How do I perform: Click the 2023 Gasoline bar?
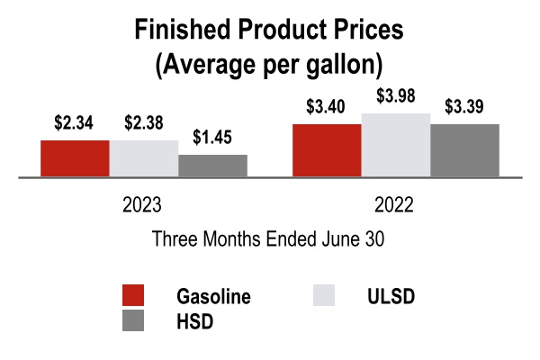point(75,159)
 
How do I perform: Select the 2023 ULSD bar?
point(144,159)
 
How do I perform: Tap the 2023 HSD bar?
point(212,166)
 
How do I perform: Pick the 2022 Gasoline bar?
point(327,151)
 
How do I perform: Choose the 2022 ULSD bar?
point(396,146)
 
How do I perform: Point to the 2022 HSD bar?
point(464,151)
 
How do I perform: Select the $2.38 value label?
point(143,122)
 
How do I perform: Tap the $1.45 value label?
point(213,138)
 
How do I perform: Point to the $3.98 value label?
point(396,96)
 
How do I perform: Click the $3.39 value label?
point(465,107)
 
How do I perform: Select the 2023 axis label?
point(142,205)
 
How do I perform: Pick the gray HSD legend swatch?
point(133,322)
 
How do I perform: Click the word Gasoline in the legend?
point(214,297)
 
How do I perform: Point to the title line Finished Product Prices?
point(270,30)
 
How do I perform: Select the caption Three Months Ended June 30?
point(270,240)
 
